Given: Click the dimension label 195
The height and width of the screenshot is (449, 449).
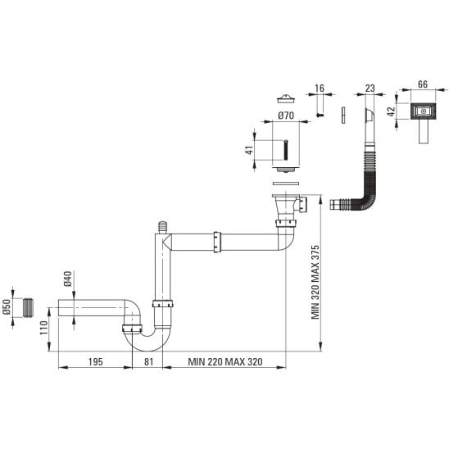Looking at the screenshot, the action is point(95,361).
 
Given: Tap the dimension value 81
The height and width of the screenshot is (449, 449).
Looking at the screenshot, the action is point(148,361).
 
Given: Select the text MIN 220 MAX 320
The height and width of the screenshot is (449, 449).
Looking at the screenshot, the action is point(225,361).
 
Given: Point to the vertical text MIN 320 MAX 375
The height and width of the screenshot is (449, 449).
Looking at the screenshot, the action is point(315,282).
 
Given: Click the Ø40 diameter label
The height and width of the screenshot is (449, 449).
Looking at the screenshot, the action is point(68,279).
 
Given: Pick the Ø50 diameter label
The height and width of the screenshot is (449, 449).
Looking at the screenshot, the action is point(7,306).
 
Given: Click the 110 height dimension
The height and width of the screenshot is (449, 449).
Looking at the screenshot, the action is point(43,328).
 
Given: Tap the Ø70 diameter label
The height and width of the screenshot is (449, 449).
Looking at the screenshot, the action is point(286,116).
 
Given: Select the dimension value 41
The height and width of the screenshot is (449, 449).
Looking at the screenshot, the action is point(249,150).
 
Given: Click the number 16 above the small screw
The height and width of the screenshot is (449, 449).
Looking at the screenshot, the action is point(320,88).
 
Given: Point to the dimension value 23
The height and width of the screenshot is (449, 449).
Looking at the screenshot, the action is point(370,88).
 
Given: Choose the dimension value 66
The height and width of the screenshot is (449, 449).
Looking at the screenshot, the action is point(423,84).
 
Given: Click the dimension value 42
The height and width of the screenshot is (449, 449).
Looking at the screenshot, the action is point(391,111).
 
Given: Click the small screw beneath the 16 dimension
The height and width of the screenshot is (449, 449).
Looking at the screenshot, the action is point(320,115).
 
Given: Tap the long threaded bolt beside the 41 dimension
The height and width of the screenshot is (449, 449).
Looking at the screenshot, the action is point(286,150).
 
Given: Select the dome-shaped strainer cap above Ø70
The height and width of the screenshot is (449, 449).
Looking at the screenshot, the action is point(286,98).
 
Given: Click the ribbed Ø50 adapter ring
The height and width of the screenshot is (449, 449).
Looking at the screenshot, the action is point(28,307).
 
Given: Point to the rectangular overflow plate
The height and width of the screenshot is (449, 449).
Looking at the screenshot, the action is point(424,111).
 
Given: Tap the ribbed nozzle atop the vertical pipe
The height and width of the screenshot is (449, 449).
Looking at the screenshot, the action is point(163,227).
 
